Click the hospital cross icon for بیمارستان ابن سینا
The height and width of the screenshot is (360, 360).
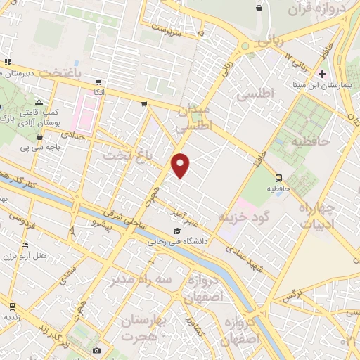[323, 73]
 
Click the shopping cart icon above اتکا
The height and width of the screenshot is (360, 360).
[98, 82]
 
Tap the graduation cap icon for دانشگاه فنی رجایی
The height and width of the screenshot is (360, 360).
[177, 231]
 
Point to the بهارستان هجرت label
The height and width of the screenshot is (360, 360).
[147, 328]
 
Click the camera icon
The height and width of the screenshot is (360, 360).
[96, 350]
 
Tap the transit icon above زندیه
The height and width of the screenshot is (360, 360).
[12, 306]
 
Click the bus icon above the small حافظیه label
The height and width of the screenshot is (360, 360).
[279, 178]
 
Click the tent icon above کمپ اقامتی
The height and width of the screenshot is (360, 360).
[39, 102]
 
